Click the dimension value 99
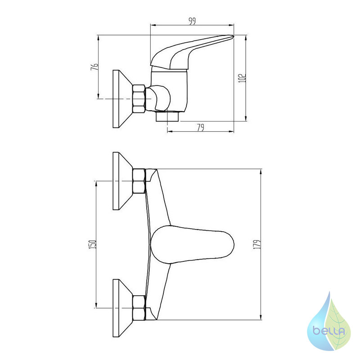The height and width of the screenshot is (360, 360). pyautogui.click(x=192, y=21)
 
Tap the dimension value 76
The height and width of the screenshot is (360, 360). pyautogui.click(x=94, y=67)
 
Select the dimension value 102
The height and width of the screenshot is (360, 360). pyautogui.click(x=242, y=78)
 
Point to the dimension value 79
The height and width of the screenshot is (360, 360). pyautogui.click(x=200, y=127)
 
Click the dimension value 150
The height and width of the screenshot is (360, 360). pyautogui.click(x=92, y=244)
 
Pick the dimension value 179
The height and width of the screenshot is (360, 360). pyautogui.click(x=257, y=244)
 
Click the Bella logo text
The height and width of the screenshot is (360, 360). pyautogui.click(x=329, y=331)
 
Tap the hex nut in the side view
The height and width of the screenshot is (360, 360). pyautogui.click(x=139, y=99)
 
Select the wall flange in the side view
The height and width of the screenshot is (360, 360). pyautogui.click(x=123, y=99)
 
